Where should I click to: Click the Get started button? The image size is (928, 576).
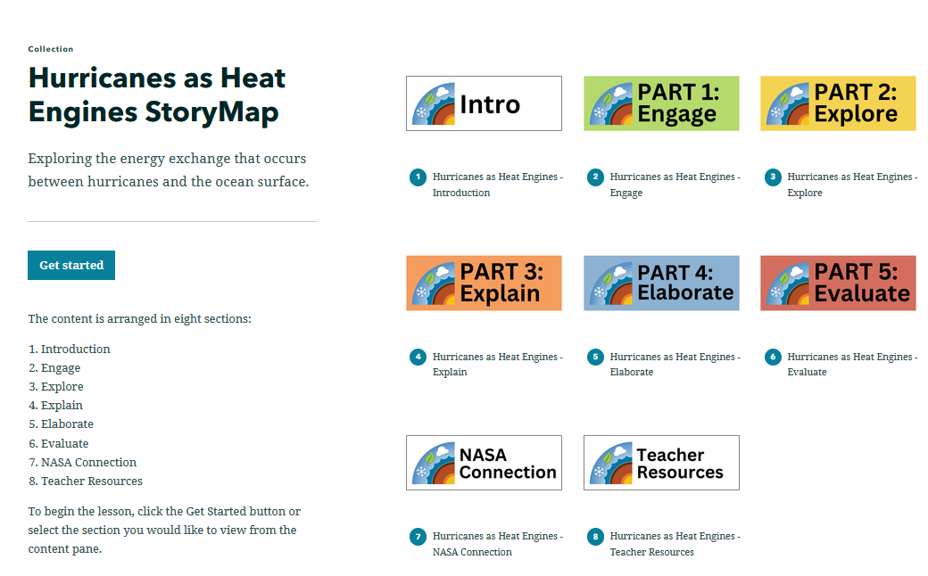(71, 266)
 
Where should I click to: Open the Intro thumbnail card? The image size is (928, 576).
(484, 103)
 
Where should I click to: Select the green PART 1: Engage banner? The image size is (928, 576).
(661, 103)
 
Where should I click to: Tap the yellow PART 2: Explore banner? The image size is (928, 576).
(838, 103)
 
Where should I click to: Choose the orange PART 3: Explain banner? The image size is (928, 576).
(484, 283)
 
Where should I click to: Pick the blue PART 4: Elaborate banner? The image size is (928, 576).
(661, 283)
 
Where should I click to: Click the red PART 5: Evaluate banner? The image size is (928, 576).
(838, 283)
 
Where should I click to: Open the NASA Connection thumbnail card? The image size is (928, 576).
(484, 463)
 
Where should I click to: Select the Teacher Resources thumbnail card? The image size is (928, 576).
(661, 463)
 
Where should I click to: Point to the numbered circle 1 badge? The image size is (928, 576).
(418, 177)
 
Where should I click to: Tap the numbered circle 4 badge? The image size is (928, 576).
(418, 358)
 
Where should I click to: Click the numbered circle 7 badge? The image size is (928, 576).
(418, 537)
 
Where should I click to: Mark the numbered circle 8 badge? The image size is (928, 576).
(595, 537)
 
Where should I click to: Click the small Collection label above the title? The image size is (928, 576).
(51, 49)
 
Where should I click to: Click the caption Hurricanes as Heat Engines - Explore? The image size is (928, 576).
(851, 185)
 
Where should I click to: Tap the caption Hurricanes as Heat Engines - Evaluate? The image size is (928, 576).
(851, 365)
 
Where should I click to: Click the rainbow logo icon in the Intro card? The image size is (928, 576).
(434, 103)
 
